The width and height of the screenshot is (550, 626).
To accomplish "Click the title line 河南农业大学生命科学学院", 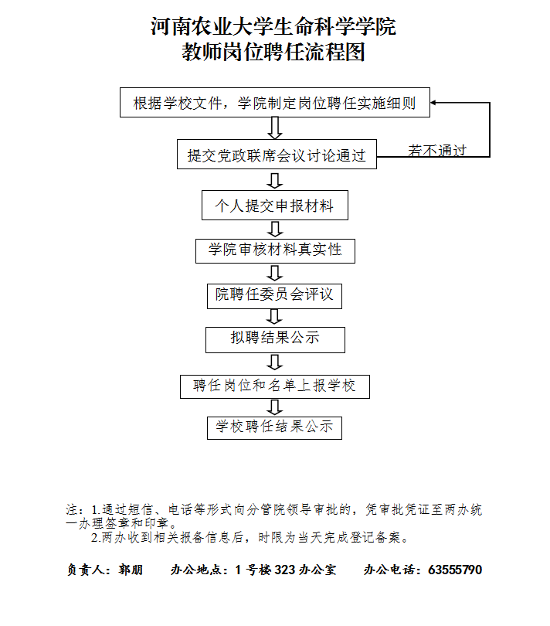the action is point(273,27).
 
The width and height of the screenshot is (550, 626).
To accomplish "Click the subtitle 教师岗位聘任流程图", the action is point(273,52).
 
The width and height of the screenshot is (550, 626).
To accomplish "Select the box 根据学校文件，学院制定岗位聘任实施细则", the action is point(274,103).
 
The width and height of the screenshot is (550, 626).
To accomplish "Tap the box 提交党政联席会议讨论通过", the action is point(277,154).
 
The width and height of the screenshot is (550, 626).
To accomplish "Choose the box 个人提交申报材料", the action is point(274,206).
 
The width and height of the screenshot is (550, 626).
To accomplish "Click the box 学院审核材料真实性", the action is point(275,250).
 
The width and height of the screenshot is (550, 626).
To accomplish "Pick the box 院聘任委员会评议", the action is point(274,296).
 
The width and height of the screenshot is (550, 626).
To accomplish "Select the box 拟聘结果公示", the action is point(275,340).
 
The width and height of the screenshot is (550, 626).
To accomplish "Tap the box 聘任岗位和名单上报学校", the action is point(274,386).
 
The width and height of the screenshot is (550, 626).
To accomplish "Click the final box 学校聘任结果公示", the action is point(274,427).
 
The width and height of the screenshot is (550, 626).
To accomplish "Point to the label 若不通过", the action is point(437,151).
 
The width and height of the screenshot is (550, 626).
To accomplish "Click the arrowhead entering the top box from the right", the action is point(433,103).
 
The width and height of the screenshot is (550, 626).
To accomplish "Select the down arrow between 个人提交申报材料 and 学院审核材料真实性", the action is point(274,230).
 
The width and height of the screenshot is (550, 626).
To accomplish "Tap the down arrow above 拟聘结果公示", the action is point(274,318).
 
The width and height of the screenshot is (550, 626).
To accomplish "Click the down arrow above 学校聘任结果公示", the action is point(274,407).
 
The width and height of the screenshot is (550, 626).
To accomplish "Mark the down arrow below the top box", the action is point(274,128).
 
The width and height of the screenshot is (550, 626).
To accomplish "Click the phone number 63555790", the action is point(455,570).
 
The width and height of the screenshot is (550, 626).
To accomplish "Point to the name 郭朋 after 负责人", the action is point(131,570).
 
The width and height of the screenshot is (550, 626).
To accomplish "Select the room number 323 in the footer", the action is point(284,570).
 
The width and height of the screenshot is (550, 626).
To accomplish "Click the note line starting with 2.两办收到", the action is point(250,538).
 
